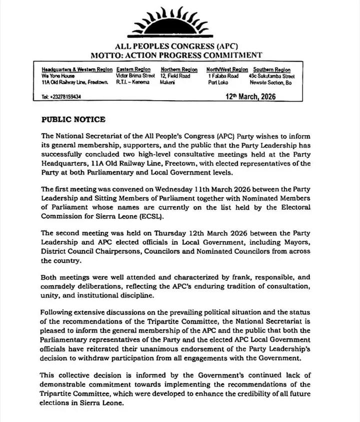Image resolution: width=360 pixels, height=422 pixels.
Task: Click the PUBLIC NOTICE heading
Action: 73,120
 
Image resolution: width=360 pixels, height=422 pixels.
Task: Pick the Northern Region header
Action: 179,69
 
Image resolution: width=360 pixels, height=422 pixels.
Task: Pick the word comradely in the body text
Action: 64,286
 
